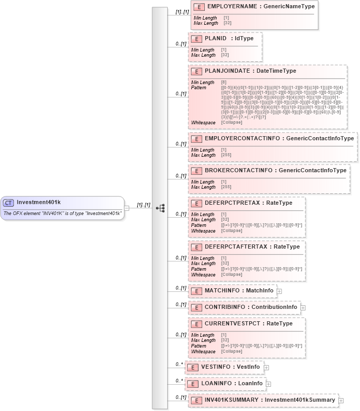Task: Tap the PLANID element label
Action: (216, 38)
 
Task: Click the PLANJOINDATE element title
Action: (228, 71)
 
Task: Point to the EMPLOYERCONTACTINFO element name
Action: (239, 139)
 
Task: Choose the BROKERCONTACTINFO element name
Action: (238, 170)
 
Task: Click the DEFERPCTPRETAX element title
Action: (234, 203)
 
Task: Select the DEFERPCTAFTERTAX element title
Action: (237, 246)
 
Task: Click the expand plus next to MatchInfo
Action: (279, 291)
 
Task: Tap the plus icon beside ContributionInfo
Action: (303, 308)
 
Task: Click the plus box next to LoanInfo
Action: (268, 384)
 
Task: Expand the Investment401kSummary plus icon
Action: (341, 401)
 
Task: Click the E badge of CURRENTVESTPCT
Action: (196, 324)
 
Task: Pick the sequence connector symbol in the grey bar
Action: (160, 208)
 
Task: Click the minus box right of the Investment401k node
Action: (127, 208)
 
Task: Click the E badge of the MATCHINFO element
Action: (196, 291)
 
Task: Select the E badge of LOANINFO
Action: (192, 384)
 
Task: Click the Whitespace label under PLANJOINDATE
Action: (203, 122)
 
